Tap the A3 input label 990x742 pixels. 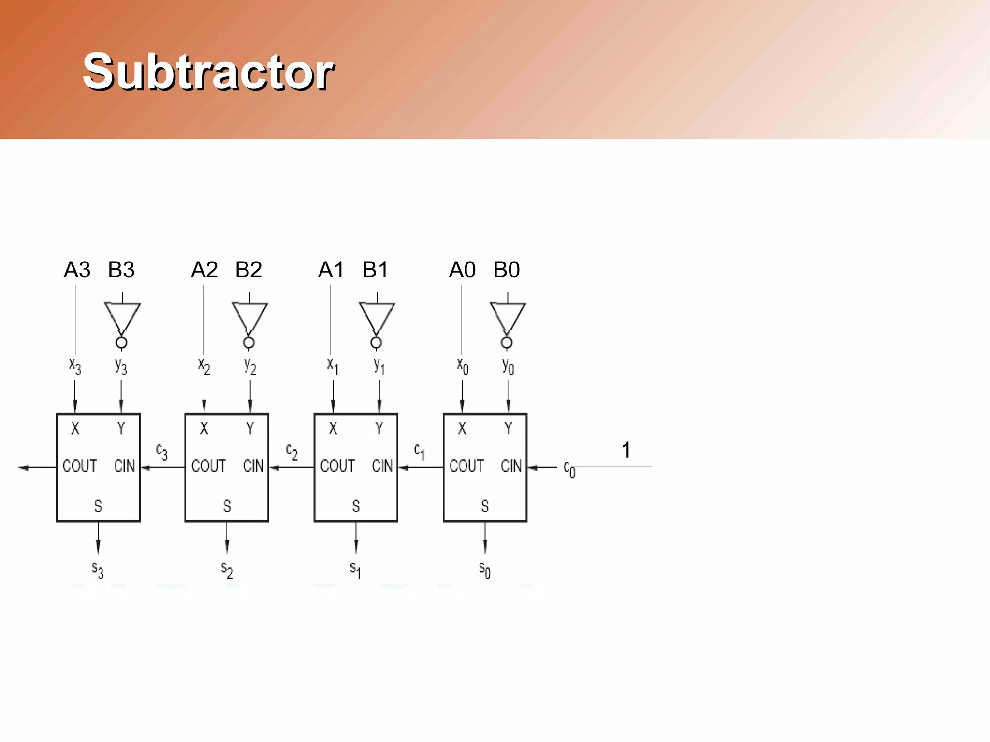tap(77, 270)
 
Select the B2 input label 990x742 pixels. tap(248, 270)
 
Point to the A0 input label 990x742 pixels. tap(462, 270)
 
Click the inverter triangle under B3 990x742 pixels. tap(122, 317)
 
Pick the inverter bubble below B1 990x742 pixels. tap(376, 343)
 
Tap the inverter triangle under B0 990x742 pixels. tap(507, 317)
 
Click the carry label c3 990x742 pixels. tap(161, 451)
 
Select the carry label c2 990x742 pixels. tap(291, 451)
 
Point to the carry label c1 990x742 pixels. tap(419, 451)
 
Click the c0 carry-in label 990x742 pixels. tap(569, 469)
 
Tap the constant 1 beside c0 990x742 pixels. tap(626, 450)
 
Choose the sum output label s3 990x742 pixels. tap(98, 569)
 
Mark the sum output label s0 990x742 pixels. tap(484, 569)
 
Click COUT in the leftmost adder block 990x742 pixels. tap(80, 466)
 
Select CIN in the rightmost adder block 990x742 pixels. tap(511, 466)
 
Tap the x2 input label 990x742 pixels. tap(204, 366)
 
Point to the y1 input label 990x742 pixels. tap(379, 366)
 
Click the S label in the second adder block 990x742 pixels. tap(227, 506)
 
